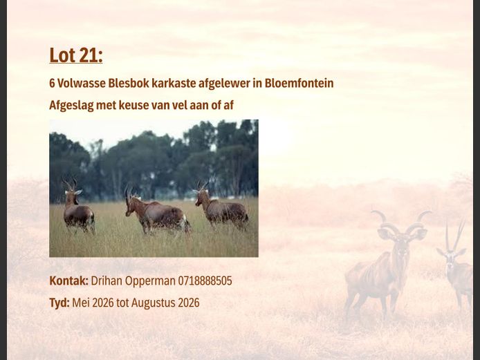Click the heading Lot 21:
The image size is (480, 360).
tap(75, 55)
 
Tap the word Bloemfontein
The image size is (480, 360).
tap(299, 83)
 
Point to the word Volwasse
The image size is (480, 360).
tap(81, 83)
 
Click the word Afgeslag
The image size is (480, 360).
tap(72, 105)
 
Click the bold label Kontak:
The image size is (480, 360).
tap(68, 281)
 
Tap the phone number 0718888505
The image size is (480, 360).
tap(205, 281)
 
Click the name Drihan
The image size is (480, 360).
tap(107, 281)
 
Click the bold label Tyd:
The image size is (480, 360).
tap(59, 303)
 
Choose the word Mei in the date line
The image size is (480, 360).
tap(81, 303)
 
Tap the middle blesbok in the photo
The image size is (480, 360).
tap(156, 214)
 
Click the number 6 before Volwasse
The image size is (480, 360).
tap(52, 83)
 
